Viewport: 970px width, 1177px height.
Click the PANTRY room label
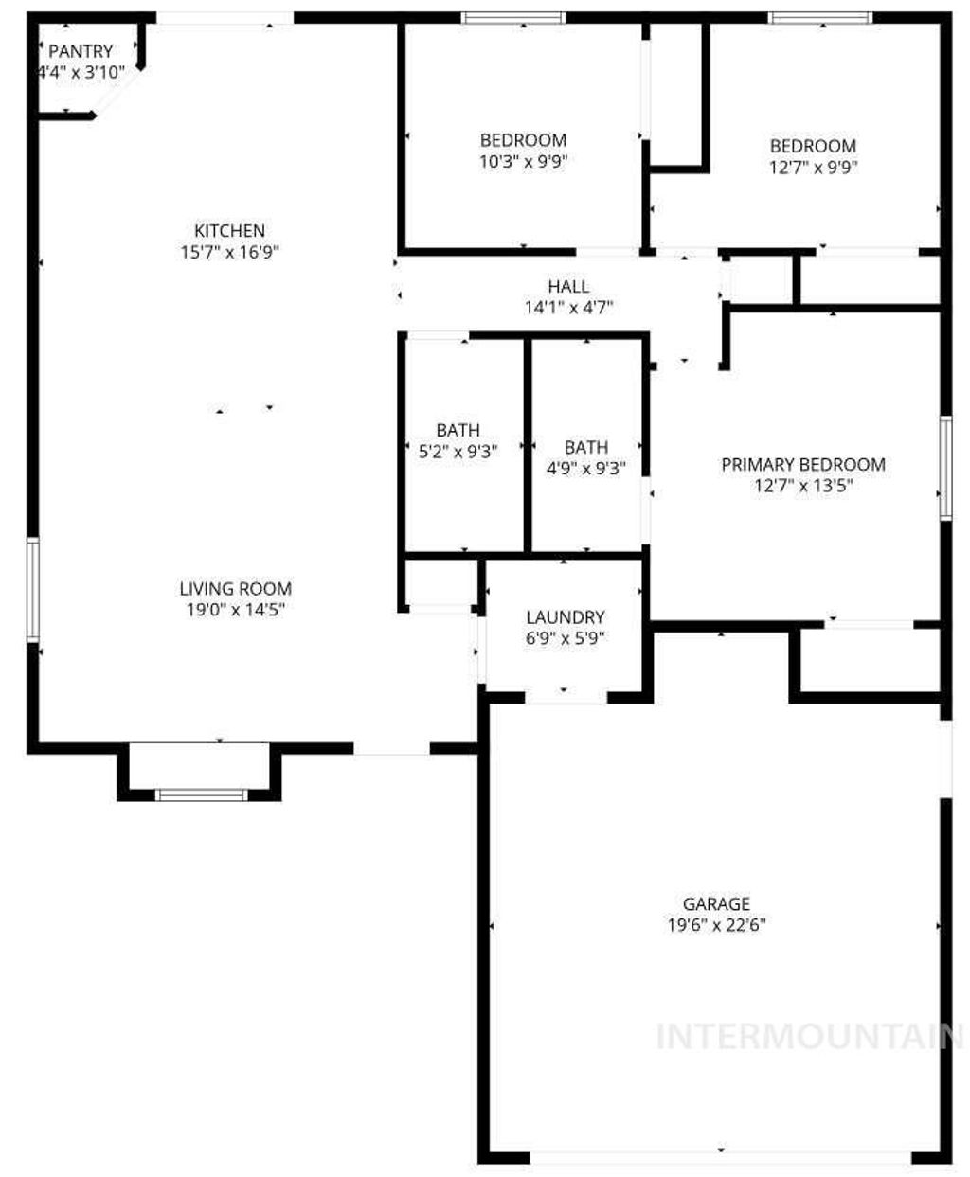coord(81,51)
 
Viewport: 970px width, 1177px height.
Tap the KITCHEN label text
coord(229,230)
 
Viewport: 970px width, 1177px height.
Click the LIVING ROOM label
coord(236,588)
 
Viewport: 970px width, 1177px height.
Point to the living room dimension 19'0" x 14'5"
coord(236,610)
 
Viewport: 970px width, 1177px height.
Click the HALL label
coord(568,286)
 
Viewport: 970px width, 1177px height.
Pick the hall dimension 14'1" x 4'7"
coord(568,307)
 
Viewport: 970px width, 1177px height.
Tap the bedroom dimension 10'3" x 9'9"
coord(523,161)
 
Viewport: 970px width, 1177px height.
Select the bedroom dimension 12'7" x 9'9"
coord(813,168)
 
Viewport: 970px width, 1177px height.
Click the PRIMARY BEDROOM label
coord(803,464)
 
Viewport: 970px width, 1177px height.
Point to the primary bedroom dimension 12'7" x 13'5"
coord(803,487)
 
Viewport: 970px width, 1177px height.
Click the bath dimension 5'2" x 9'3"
coord(458,451)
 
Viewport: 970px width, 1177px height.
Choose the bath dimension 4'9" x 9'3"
coord(586,468)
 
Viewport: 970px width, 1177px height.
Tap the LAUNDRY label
coord(565,617)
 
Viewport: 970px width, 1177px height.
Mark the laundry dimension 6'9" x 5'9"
coord(565,638)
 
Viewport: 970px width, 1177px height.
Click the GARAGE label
coord(716,903)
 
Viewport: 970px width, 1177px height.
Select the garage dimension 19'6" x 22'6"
coord(716,925)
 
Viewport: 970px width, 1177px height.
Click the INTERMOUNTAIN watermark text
coord(811,1036)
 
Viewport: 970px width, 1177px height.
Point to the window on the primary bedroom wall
coord(944,468)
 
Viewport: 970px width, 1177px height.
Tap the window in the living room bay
coord(201,794)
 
